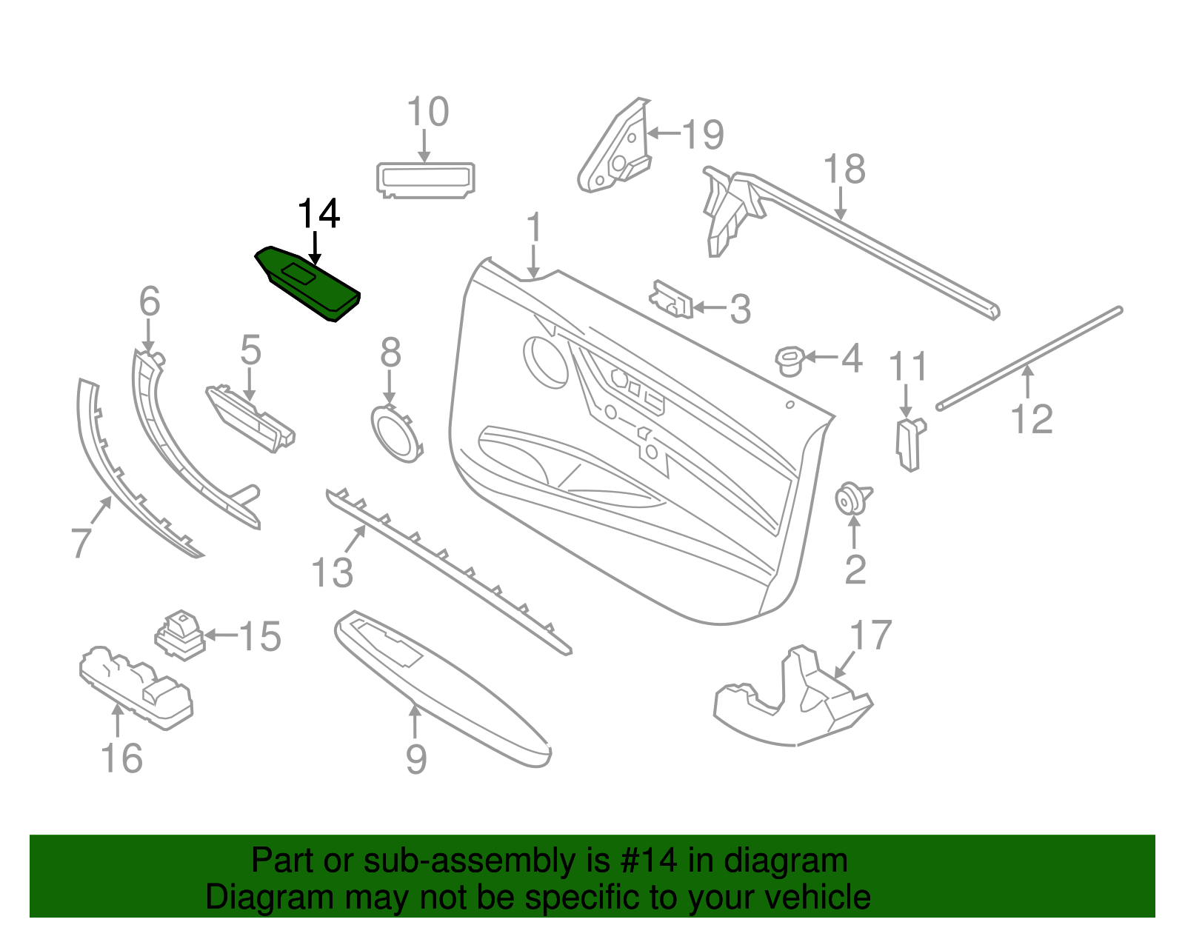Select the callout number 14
(x=318, y=214)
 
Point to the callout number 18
(x=844, y=170)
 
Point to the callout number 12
(x=1031, y=419)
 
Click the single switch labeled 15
(x=180, y=635)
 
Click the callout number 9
(x=416, y=758)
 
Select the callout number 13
(x=333, y=572)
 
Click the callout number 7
(x=81, y=541)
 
